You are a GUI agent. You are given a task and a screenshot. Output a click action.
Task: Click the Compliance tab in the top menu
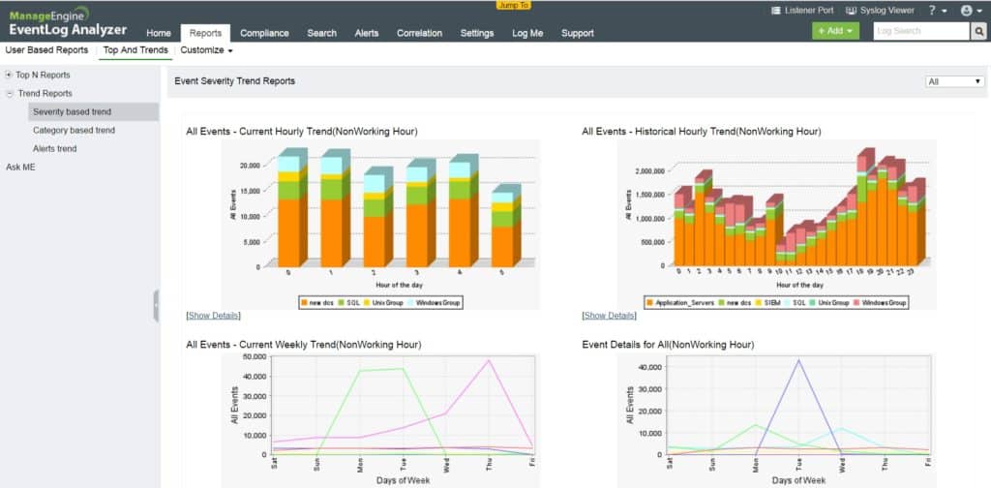click(264, 33)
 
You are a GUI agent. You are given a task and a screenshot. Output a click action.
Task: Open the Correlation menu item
click(419, 33)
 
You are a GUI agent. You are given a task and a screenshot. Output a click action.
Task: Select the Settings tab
click(477, 33)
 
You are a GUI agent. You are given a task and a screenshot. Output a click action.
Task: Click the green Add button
click(835, 31)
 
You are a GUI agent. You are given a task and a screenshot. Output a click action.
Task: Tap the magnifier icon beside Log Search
click(979, 31)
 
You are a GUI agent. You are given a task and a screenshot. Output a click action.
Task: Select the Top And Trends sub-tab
click(135, 50)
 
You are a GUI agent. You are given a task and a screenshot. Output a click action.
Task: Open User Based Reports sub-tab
click(46, 50)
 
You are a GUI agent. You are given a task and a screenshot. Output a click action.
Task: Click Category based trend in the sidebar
click(74, 130)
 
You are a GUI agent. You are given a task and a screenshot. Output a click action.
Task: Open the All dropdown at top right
click(954, 81)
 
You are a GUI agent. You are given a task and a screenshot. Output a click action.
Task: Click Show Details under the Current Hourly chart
click(213, 316)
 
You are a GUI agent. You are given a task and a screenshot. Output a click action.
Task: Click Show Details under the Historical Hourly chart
click(610, 316)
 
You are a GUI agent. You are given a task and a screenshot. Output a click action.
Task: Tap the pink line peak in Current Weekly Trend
click(490, 360)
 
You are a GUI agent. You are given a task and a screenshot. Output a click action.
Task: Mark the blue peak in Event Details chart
click(798, 360)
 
